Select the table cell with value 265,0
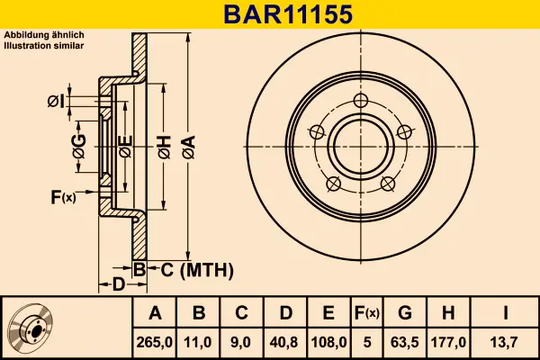click(x=156, y=342)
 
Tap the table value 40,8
click(x=285, y=342)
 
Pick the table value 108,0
click(x=328, y=342)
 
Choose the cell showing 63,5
click(x=405, y=342)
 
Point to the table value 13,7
click(x=507, y=342)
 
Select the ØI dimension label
click(x=56, y=101)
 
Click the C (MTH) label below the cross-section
click(x=196, y=269)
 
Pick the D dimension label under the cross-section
click(x=118, y=285)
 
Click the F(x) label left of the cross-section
click(x=63, y=197)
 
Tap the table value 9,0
click(x=242, y=342)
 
